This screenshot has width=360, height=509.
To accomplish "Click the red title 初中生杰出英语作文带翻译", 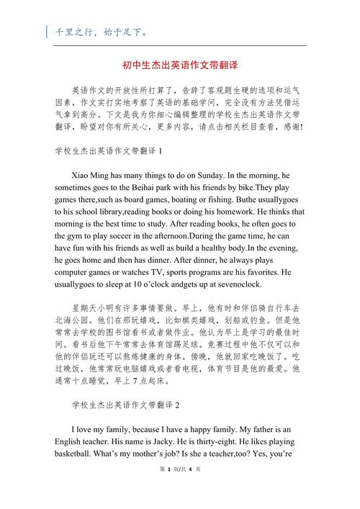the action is tap(179, 65).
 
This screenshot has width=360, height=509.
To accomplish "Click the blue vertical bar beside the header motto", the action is tap(48, 32).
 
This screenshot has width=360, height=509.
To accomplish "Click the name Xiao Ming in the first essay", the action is tap(91, 176).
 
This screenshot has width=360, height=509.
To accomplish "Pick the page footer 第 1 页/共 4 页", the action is tap(179, 490).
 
